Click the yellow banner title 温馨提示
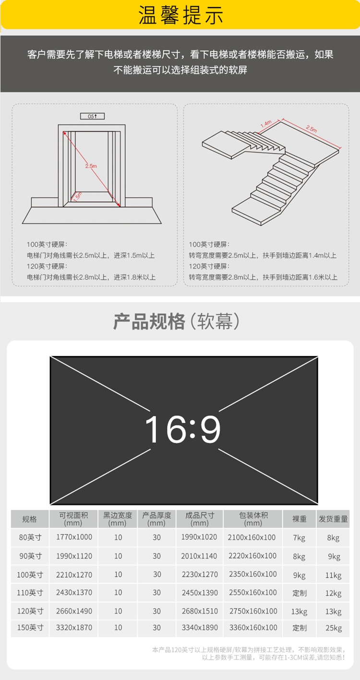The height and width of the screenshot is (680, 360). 181,15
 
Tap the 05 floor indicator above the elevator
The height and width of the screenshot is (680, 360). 92,116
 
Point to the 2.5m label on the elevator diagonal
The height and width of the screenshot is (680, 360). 91,166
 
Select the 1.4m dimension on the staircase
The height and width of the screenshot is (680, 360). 266,124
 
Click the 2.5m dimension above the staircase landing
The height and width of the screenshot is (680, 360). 312,129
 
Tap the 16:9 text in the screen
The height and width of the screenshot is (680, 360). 183,429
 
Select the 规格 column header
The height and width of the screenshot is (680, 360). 29,519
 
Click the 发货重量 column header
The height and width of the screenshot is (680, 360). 333,519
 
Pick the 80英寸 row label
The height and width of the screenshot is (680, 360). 30,537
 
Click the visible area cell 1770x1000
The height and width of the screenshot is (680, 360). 74,537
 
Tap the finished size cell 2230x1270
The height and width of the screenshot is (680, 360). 200,574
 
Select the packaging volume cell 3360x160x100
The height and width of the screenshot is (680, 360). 253,628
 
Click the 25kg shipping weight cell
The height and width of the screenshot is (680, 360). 334,628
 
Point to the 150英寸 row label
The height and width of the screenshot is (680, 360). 30,628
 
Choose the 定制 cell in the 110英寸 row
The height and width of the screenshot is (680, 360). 300,593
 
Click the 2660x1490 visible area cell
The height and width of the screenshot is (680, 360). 74,611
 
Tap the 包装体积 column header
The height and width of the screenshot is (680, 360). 253,519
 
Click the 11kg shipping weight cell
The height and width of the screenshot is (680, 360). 333,575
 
